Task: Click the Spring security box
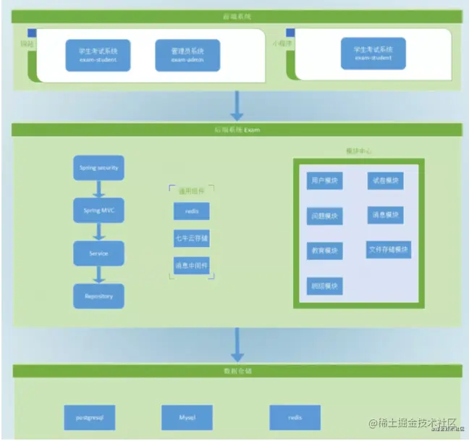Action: click(x=99, y=168)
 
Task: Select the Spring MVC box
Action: click(x=99, y=210)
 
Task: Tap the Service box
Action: click(x=99, y=253)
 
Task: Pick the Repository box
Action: click(x=99, y=295)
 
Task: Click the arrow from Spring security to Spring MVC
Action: click(x=99, y=190)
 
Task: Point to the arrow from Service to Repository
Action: click(x=99, y=274)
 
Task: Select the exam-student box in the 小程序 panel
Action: click(x=373, y=53)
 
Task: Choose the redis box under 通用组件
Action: click(x=192, y=211)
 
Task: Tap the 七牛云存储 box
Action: click(x=192, y=238)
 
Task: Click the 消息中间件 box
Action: click(x=192, y=265)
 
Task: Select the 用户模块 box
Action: click(x=325, y=180)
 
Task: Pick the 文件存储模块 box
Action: click(x=389, y=250)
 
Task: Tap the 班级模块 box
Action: click(x=325, y=285)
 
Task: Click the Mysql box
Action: click(x=187, y=418)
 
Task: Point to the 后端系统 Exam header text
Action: click(x=236, y=130)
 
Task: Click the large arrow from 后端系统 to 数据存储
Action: click(x=236, y=345)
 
